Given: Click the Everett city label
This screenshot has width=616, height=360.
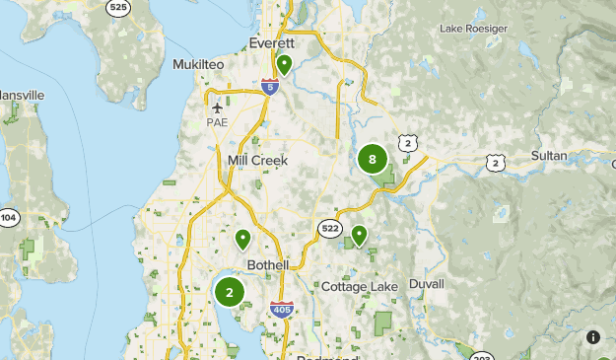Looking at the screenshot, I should (x=271, y=44).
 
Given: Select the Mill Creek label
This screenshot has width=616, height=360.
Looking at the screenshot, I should (x=257, y=160).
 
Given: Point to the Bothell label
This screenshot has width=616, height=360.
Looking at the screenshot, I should (x=268, y=265).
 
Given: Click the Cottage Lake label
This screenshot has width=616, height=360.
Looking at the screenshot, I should (x=359, y=286).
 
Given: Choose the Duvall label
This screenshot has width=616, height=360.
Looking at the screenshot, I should (x=427, y=283).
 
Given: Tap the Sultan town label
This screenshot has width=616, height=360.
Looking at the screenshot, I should (x=549, y=156).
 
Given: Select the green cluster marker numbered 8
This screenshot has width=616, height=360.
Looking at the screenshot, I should (x=372, y=159).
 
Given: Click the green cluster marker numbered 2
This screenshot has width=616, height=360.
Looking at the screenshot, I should (x=230, y=292).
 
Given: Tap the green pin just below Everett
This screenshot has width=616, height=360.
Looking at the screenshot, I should (x=284, y=65).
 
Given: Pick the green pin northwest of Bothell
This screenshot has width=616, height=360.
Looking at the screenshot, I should (x=242, y=239).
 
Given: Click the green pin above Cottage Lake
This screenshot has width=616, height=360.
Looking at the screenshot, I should (x=360, y=235).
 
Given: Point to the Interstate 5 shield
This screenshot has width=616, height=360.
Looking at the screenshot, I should (x=269, y=88).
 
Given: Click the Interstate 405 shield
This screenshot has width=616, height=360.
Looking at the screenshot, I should (x=281, y=310).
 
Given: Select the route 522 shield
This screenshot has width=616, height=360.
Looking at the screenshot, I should (x=330, y=228).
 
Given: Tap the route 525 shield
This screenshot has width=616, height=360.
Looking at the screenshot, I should (x=118, y=6).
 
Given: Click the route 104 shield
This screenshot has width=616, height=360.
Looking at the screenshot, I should (x=9, y=217).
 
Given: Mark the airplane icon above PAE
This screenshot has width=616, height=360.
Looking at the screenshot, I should (x=217, y=108).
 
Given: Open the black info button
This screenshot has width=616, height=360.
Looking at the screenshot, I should (x=593, y=336).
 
